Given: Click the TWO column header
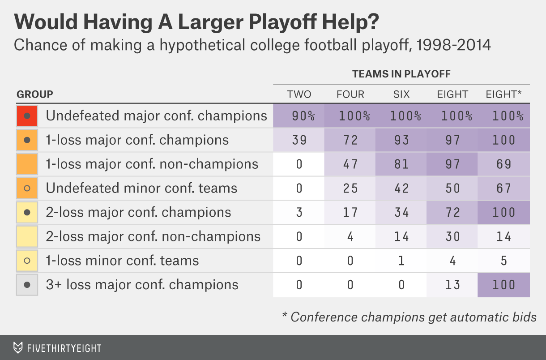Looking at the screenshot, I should point(299,94).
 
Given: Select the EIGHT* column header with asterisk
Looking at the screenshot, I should point(504,94).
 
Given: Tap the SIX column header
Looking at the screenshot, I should point(401,94).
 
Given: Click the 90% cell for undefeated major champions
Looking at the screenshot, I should point(299,116).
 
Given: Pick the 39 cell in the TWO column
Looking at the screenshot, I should point(299,140).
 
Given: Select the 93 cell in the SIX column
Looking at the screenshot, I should point(401,140).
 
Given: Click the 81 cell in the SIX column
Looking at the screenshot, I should point(401,164).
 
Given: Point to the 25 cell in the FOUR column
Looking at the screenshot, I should point(350,189).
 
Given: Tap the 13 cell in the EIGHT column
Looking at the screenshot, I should point(453,285).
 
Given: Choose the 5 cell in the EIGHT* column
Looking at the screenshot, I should point(504,261).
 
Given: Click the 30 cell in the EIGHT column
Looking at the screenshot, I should point(453,236).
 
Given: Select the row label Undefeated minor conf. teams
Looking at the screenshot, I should point(141,188).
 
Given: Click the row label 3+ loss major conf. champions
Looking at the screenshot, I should point(142,285).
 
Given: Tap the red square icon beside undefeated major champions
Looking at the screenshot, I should point(27,116).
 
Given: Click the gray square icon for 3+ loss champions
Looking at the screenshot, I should point(27,285).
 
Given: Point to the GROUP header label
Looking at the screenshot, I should point(34,94).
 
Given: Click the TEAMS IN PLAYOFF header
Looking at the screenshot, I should point(401,74).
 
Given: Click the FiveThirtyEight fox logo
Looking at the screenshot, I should point(18,348).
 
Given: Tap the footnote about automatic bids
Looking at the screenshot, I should point(409,317).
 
